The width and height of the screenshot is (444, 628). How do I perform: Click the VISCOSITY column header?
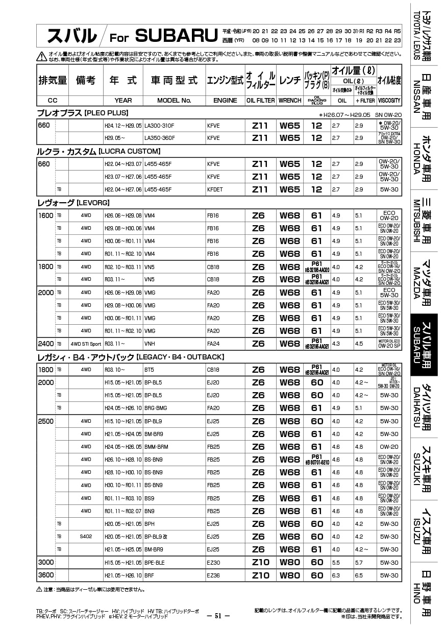[x=389, y=101]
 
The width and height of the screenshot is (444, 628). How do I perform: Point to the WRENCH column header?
[x=290, y=101]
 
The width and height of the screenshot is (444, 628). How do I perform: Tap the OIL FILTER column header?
[x=260, y=101]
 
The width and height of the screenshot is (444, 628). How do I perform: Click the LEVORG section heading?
[x=73, y=203]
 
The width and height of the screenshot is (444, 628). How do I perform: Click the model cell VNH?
[x=150, y=344]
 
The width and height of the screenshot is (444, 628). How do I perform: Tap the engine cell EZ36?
[x=213, y=575]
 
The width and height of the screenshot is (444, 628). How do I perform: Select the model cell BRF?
[x=150, y=575]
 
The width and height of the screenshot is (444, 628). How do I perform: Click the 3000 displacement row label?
[x=46, y=562]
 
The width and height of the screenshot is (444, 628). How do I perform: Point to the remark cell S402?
[x=86, y=537]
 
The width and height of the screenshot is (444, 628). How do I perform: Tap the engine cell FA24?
[x=213, y=344]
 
